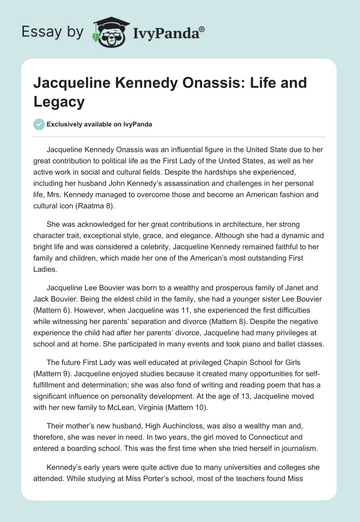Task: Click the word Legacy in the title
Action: click(x=59, y=102)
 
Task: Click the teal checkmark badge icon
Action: click(x=39, y=124)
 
